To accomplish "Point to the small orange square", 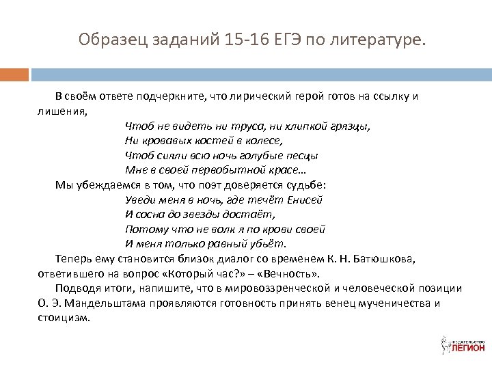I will point(14,74).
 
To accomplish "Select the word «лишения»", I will point(62,111).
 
